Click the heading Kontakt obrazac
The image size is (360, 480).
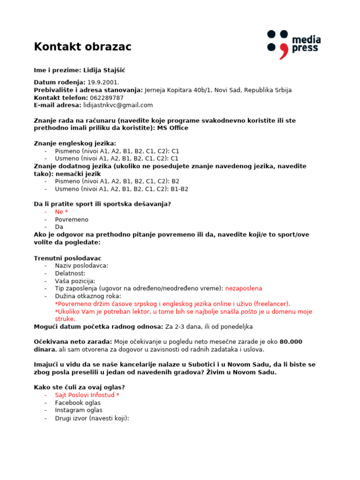tap(82, 47)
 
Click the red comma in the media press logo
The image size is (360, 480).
tap(283, 51)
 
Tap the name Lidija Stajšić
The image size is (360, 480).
tap(104, 70)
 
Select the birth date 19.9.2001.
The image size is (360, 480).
tap(103, 82)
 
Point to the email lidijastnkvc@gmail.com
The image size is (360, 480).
tap(118, 105)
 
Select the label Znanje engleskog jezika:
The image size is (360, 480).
tap(75, 143)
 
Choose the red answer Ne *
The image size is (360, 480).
tap(61, 212)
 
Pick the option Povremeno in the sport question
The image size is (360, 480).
tap(71, 219)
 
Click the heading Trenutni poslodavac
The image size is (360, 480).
tap(67, 258)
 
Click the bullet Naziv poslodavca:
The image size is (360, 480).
tap(81, 266)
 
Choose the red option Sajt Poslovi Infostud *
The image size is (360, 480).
tap(87, 395)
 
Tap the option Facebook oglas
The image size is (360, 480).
tap(77, 403)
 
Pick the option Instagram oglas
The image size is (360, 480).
tap(78, 410)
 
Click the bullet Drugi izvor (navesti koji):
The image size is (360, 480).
tap(91, 418)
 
